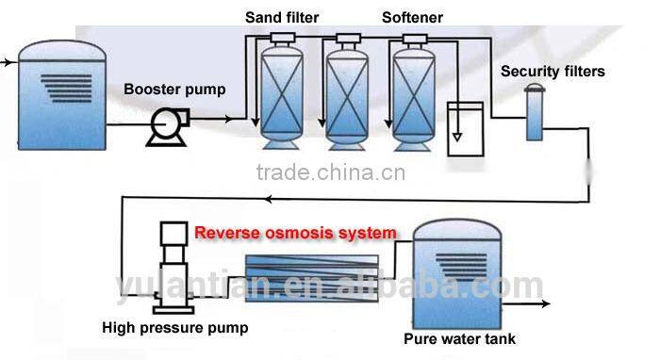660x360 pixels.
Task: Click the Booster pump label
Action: click(x=174, y=90)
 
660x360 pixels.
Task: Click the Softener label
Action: click(x=412, y=18)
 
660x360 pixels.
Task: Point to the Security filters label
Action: click(x=553, y=71)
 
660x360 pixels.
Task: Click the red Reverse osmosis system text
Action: click(x=295, y=232)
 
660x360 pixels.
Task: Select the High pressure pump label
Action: click(x=177, y=328)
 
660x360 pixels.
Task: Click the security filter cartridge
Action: click(x=535, y=114)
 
